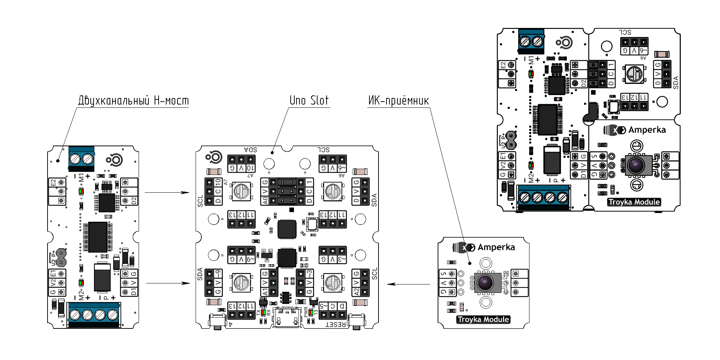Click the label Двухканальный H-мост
pos(133,101)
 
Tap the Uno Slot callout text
pos(309,101)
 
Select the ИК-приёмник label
pos(398,101)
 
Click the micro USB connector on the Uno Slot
pos(287,317)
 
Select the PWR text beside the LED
pos(306,311)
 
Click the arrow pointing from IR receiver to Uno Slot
pos(408,284)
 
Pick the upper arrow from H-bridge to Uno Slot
pos(167,193)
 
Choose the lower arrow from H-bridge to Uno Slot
pos(168,283)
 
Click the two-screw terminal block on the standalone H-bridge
pos(81,159)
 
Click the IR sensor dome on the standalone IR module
pos(485,283)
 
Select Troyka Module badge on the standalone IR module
pos(483,319)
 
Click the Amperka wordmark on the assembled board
pos(647,130)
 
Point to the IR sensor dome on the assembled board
pos(636,165)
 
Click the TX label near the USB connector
pos(259,312)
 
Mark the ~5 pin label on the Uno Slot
pos(323,306)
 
